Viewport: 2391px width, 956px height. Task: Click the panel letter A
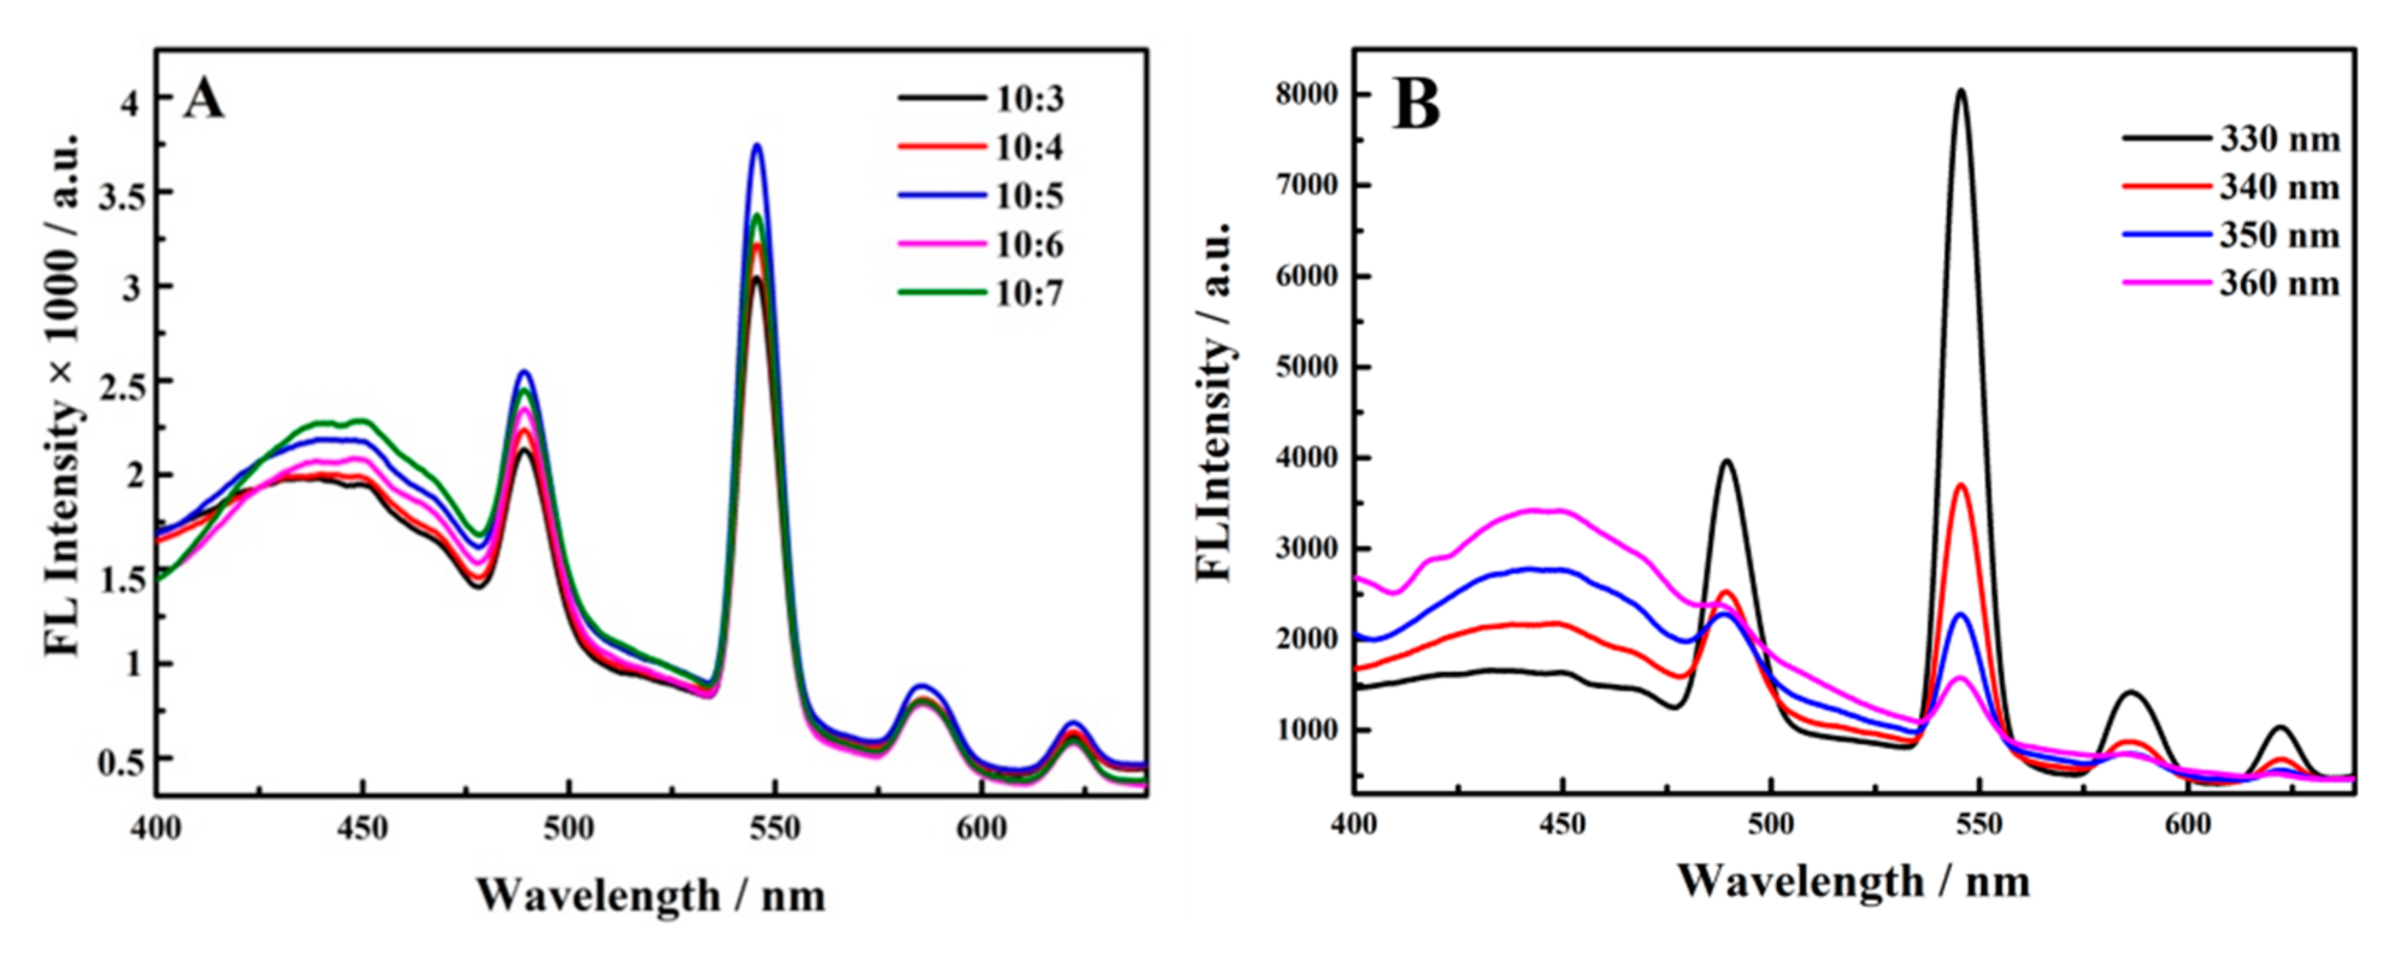coord(203,100)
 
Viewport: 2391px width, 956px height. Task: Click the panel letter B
coord(1416,105)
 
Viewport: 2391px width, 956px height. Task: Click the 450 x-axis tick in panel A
coord(362,828)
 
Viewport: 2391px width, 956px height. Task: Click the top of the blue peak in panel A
coord(757,145)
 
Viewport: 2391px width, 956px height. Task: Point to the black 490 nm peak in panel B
coord(1727,460)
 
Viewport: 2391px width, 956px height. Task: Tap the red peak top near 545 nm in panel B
coord(1962,485)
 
